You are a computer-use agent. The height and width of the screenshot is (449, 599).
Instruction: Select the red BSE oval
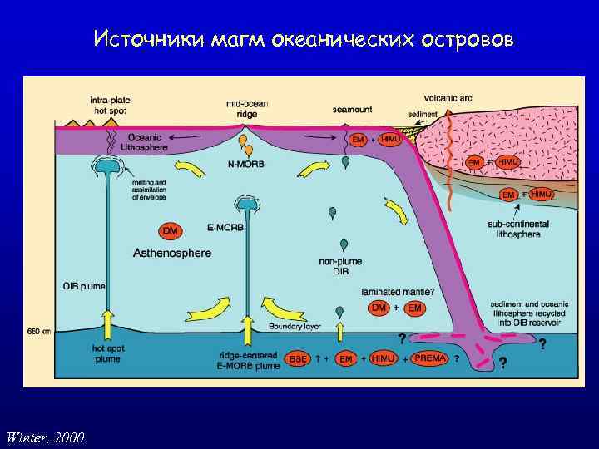(298, 358)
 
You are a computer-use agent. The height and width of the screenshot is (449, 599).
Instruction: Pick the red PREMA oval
(430, 358)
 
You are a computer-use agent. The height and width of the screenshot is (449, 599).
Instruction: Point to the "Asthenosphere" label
(171, 253)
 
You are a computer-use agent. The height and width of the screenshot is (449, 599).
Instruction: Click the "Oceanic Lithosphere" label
(148, 142)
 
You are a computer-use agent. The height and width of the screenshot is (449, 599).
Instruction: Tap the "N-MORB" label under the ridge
(245, 165)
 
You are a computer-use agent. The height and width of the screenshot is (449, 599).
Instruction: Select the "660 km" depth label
(39, 331)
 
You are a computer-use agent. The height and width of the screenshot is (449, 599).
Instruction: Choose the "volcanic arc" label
(448, 98)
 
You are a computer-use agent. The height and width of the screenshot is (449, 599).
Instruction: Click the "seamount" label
(352, 109)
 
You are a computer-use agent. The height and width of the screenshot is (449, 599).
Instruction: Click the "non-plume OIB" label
(340, 265)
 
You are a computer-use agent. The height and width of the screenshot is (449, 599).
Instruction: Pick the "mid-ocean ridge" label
(246, 109)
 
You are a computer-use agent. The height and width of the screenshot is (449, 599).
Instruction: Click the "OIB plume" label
(84, 287)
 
